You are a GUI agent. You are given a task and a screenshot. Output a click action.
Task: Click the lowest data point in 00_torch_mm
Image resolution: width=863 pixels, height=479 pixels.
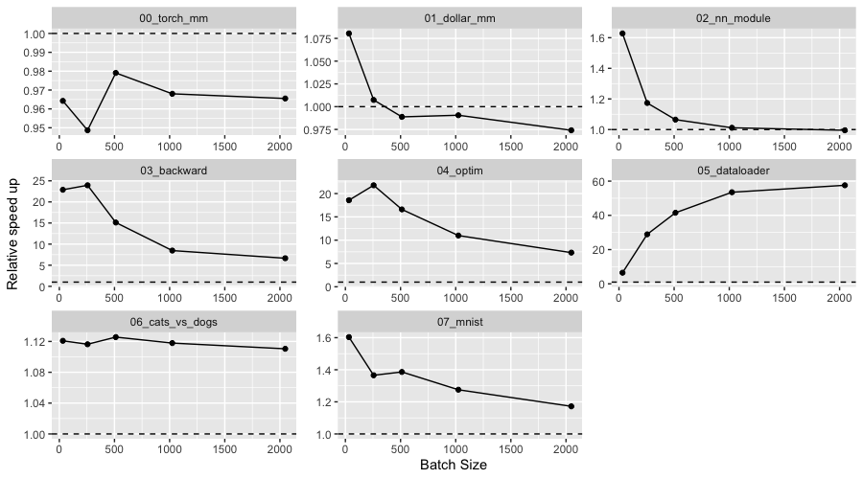[x=88, y=130]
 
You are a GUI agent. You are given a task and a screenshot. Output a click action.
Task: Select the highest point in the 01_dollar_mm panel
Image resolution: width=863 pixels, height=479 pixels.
[x=348, y=34]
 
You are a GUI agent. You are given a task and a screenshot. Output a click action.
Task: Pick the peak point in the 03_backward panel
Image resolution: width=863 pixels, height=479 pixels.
[x=88, y=185]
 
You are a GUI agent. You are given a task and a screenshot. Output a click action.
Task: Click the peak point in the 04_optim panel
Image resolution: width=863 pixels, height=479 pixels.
[x=374, y=185]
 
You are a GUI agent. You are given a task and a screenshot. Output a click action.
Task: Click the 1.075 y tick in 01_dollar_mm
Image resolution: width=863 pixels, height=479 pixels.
[x=320, y=39]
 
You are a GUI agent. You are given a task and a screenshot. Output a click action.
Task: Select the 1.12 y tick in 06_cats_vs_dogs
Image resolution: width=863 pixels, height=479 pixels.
[x=35, y=342]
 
